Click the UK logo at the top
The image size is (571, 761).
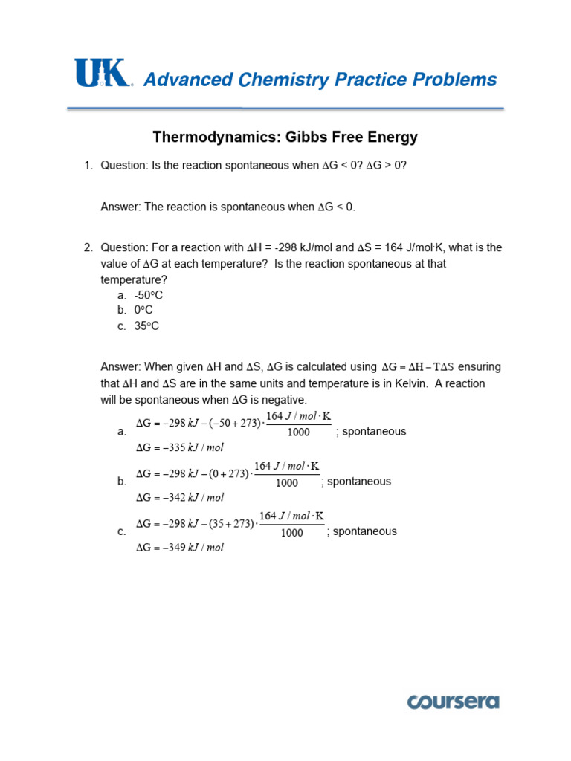tap(103, 74)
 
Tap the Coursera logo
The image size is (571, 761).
tap(453, 702)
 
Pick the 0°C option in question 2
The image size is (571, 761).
tap(143, 310)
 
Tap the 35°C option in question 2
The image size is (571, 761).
tap(146, 326)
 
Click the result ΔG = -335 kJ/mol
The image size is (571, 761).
tap(179, 447)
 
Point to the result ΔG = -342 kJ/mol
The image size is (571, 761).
tap(179, 497)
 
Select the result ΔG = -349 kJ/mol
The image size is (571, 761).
tap(179, 548)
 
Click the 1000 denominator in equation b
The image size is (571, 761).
tap(286, 483)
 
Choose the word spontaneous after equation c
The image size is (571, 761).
tap(365, 531)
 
